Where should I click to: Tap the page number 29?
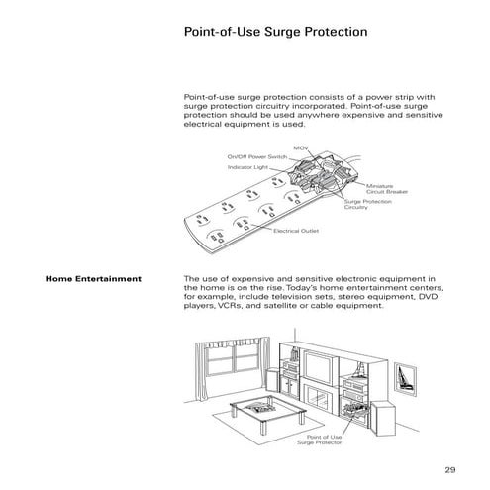pos(449,468)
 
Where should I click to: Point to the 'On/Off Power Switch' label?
pos(256,156)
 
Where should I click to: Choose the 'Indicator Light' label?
pos(247,168)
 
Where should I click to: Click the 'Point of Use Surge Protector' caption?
pos(324,439)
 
